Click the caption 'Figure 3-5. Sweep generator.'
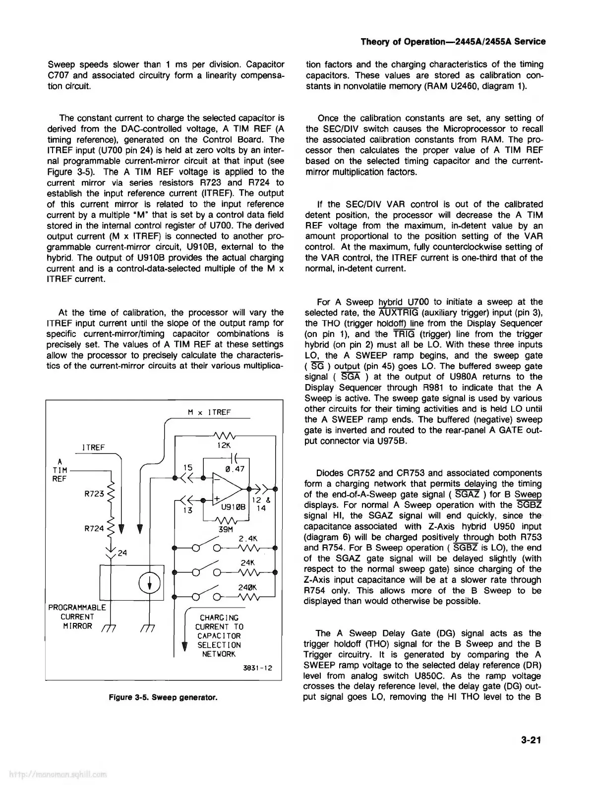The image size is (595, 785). point(164,698)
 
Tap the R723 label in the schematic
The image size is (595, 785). point(94,494)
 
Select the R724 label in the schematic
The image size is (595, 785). point(94,528)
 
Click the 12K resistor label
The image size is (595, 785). point(225,446)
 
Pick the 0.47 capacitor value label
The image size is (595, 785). point(234,469)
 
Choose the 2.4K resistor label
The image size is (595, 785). point(247,539)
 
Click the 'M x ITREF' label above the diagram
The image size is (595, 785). point(210,412)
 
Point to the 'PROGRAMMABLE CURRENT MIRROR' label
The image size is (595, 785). point(77,617)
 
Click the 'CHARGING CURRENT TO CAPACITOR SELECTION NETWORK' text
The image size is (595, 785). point(219,635)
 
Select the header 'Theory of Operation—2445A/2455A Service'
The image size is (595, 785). point(453,42)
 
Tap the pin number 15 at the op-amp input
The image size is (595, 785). point(187,467)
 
